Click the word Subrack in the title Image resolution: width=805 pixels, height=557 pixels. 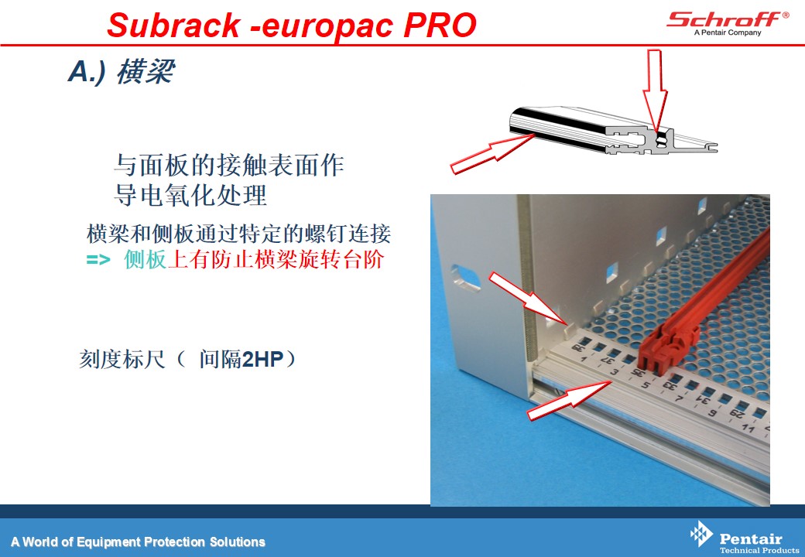tap(173, 25)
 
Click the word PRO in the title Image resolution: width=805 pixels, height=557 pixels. tap(440, 25)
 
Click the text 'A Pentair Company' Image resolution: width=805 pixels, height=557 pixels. tap(728, 32)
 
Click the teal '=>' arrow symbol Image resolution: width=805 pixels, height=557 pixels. tap(98, 259)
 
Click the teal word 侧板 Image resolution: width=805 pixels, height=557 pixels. tap(146, 259)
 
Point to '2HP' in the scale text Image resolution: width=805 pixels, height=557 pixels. tap(262, 359)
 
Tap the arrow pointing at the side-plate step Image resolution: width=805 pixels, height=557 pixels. tap(528, 299)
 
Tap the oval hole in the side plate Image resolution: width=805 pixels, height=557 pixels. tap(465, 278)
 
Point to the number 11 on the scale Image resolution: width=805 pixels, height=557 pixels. tap(748, 428)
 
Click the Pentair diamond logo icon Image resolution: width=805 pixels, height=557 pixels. tap(701, 534)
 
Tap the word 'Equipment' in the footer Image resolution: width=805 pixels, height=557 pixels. tap(109, 542)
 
